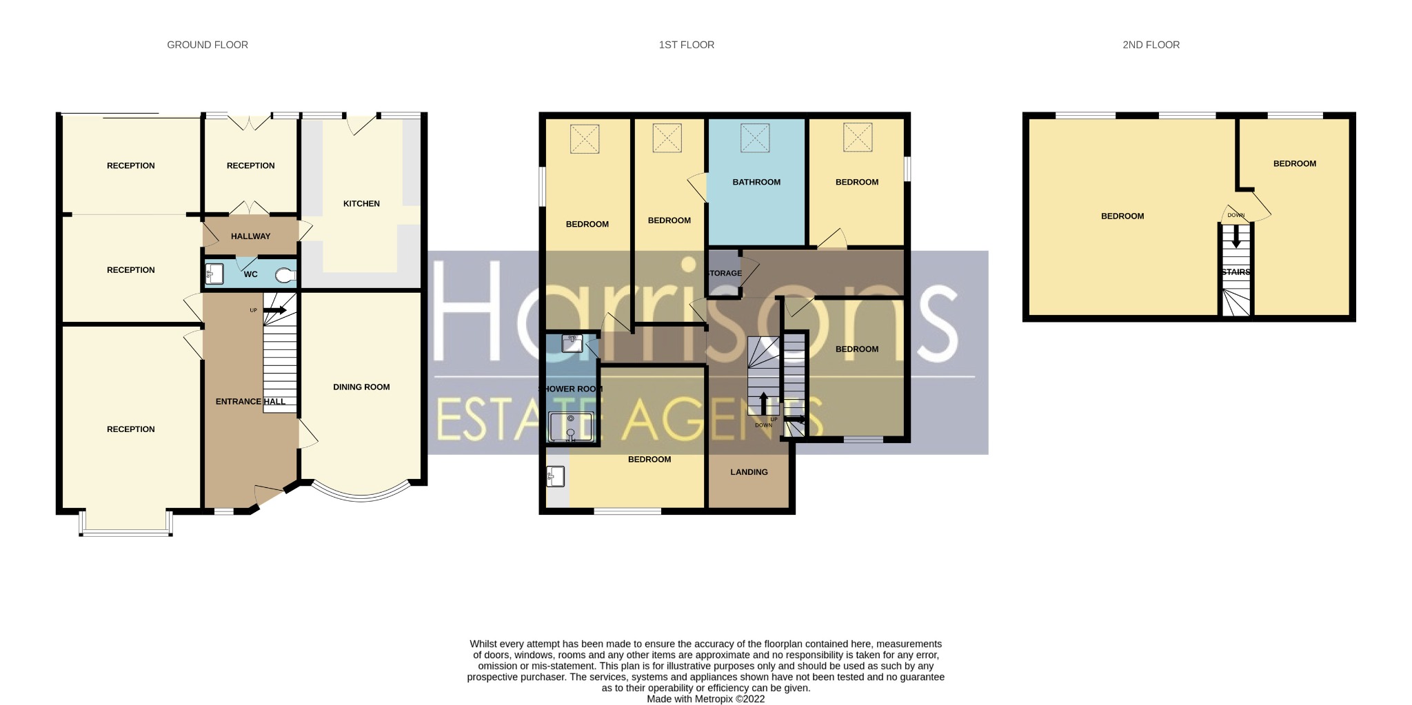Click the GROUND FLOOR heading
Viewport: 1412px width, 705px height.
[208, 45]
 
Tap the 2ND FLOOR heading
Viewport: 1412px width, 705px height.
[1151, 45]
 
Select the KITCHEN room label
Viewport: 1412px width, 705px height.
[361, 203]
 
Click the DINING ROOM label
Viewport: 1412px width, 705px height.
[361, 387]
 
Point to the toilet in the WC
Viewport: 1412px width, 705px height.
[285, 276]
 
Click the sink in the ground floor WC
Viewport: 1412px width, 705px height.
[214, 274]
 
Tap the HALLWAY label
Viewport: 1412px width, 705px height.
[250, 236]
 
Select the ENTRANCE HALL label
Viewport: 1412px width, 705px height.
[250, 401]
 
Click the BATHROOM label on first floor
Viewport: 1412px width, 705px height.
[756, 182]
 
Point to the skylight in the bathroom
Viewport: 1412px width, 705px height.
[755, 138]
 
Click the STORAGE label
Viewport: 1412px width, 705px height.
[725, 273]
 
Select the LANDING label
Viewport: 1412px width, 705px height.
[749, 472]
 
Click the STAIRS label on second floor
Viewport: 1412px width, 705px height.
[1235, 272]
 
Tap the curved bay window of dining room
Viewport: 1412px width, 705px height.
[361, 495]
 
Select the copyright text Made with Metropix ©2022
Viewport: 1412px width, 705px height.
[705, 699]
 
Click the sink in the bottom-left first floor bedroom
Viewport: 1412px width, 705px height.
[556, 476]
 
